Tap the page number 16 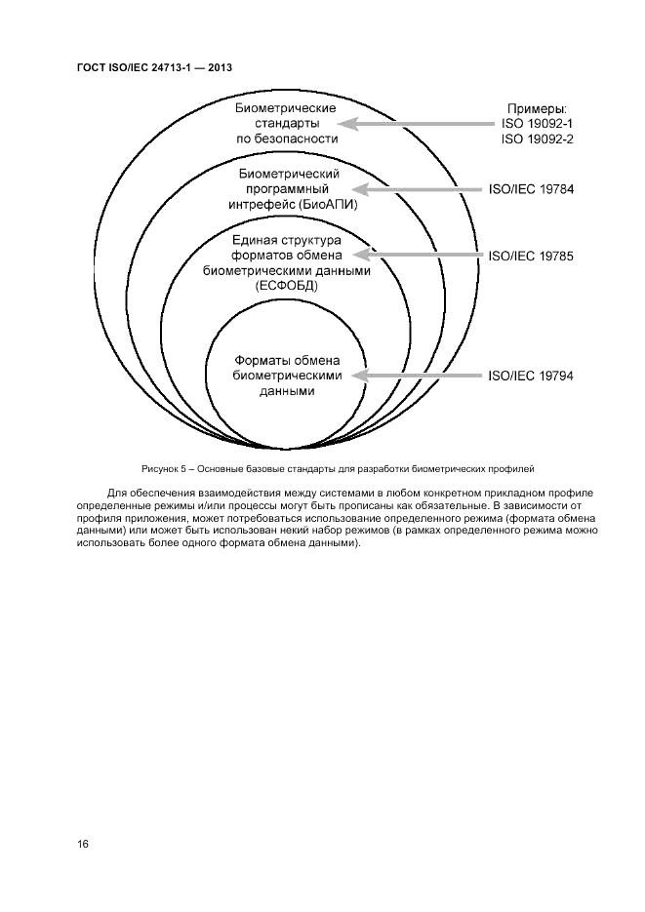click(x=83, y=844)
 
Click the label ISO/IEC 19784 click(x=530, y=189)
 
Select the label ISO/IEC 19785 click(x=530, y=257)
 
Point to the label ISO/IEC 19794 click(x=530, y=375)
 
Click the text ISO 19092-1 click(x=537, y=124)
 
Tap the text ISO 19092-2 click(x=537, y=139)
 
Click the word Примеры click(x=537, y=108)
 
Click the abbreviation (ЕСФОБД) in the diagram click(x=287, y=287)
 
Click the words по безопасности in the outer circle click(x=287, y=139)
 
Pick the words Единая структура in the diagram click(x=286, y=240)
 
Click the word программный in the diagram click(x=287, y=189)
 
